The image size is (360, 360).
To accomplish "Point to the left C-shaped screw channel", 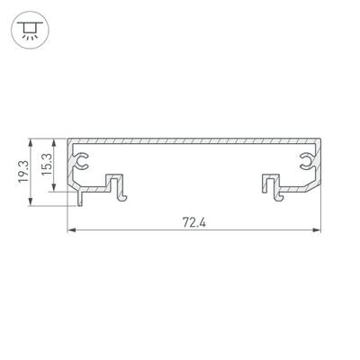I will (x=83, y=162).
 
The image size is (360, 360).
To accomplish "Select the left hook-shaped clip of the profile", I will (x=118, y=184).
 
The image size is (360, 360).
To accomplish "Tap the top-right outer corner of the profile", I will (x=321, y=139).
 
